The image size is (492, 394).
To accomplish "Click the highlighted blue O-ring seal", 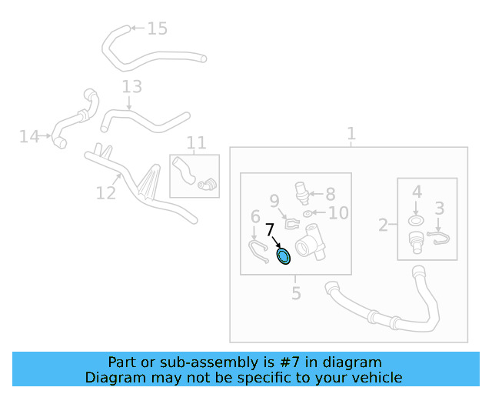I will [284, 256].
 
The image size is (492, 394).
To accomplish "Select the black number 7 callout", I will [270, 229].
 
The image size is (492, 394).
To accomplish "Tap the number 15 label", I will [157, 28].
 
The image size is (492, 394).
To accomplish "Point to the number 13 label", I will [131, 86].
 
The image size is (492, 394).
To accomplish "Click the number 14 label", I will [29, 137].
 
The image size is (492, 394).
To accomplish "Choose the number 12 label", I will [106, 192].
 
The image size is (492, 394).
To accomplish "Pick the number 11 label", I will [197, 142].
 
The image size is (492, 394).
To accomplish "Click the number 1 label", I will [351, 135].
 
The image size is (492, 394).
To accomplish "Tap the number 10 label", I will [338, 213].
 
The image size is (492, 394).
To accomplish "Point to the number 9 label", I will [274, 202].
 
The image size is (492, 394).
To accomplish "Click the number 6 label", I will [254, 217].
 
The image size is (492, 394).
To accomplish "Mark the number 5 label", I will [296, 293].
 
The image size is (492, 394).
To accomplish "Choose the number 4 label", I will [416, 191].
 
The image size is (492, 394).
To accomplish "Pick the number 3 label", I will [440, 208].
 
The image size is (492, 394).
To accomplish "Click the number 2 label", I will [383, 225].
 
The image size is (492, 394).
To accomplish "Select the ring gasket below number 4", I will [416, 222].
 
